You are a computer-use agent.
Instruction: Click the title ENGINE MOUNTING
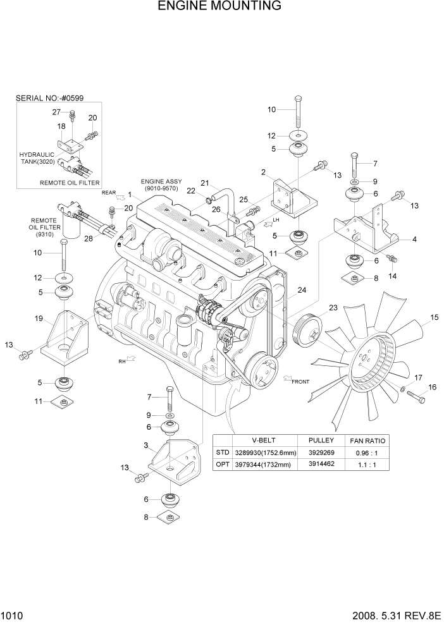click(x=219, y=7)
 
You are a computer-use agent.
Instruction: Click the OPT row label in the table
click(x=223, y=464)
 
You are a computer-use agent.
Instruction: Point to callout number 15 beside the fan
click(x=435, y=317)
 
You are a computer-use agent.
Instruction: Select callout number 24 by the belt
click(x=302, y=290)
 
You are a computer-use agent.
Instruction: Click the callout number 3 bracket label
click(x=146, y=446)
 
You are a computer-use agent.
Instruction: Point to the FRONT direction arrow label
click(x=300, y=382)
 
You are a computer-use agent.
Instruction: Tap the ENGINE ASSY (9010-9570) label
click(x=160, y=185)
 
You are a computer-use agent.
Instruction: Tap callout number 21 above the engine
click(x=205, y=183)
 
